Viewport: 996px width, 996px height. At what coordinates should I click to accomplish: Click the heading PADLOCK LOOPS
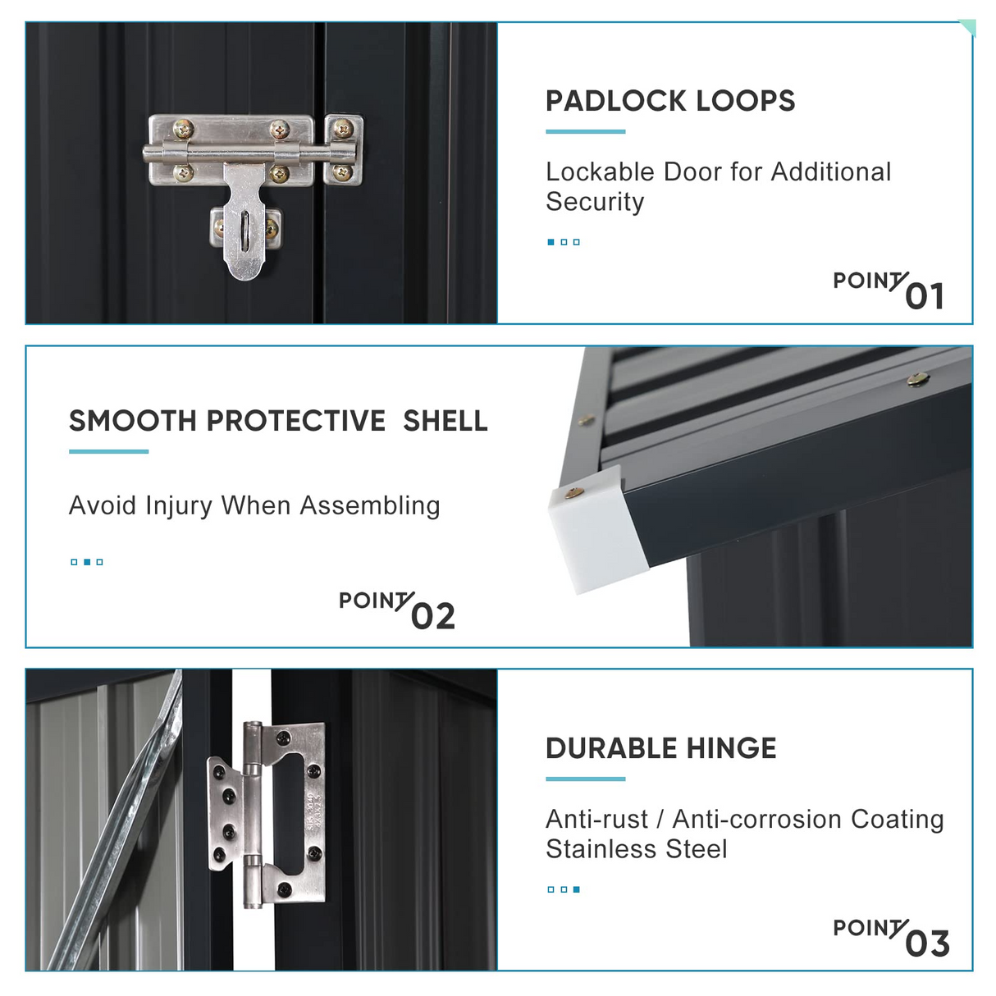669,101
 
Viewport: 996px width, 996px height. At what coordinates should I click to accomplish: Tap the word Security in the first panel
595,202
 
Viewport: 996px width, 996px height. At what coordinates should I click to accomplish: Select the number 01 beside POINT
925,296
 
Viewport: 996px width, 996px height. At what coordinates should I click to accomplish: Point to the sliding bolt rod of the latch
249,153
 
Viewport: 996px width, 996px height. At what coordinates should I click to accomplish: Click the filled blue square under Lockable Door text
551,242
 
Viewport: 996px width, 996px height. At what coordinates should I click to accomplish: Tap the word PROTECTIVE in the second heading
295,421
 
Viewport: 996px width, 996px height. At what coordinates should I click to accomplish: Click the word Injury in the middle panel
178,506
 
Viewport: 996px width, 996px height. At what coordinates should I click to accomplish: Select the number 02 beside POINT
433,616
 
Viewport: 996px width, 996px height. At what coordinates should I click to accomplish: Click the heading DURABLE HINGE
661,748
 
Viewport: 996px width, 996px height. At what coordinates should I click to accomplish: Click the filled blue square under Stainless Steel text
576,889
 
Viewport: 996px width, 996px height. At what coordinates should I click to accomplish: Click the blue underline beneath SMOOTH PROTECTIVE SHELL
108,452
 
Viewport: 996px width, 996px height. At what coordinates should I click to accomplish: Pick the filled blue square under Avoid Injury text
87,562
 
